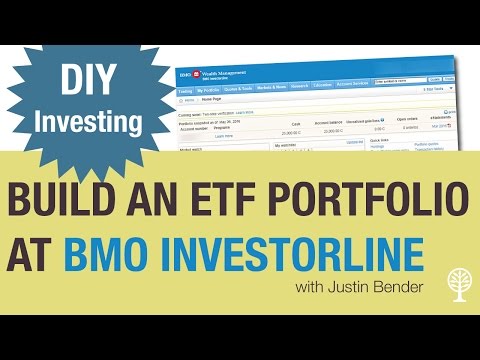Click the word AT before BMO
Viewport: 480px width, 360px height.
pos(40,252)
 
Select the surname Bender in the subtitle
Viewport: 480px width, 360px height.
pos(410,289)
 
